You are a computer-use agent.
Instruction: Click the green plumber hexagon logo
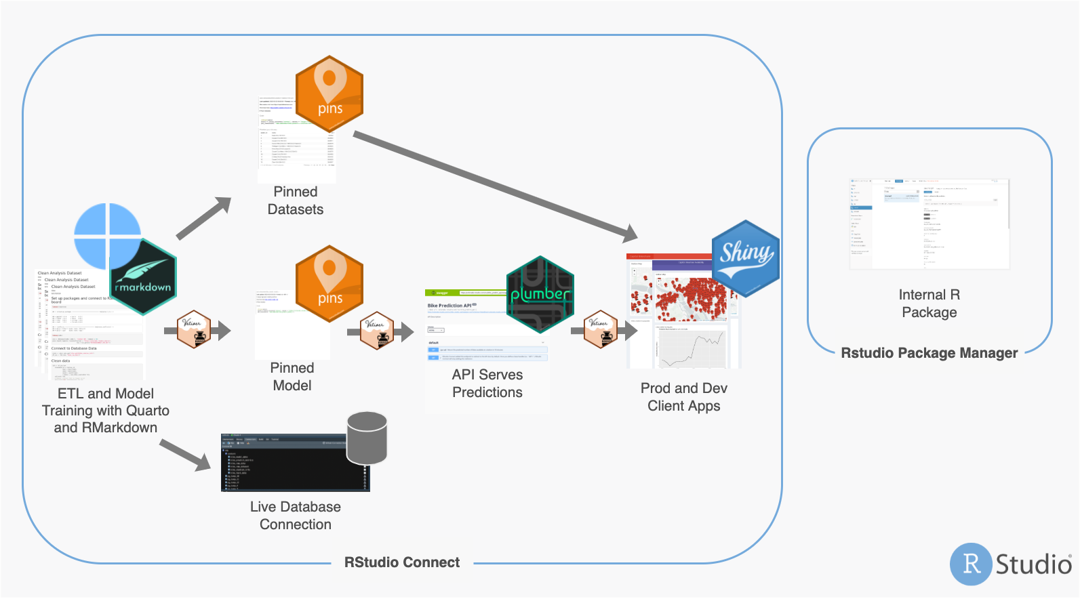(540, 294)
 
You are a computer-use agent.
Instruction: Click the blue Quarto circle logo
(107, 236)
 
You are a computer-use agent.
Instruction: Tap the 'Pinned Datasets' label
(296, 201)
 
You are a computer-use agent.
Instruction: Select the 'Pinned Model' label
(292, 377)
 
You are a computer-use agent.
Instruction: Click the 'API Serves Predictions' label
(487, 384)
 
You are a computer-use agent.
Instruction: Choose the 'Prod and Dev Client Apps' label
(684, 397)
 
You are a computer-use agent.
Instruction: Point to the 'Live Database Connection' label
(296, 516)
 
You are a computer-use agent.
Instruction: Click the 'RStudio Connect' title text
(402, 562)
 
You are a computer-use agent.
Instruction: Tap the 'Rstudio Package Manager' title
(929, 353)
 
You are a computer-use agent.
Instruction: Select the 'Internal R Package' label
(929, 304)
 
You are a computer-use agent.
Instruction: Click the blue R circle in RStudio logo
(971, 564)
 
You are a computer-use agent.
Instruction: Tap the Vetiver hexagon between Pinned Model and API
(377, 331)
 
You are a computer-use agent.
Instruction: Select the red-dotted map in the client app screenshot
(685, 298)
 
